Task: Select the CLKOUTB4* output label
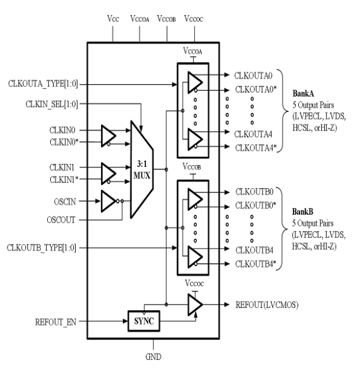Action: [257, 263]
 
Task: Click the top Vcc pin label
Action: [113, 19]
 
